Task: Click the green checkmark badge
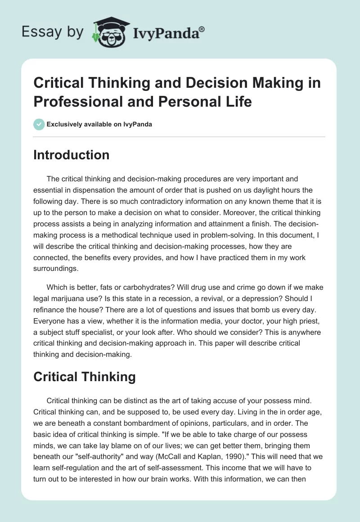pos(39,124)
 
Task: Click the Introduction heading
pos(72,155)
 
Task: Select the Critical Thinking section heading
pos(85,377)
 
